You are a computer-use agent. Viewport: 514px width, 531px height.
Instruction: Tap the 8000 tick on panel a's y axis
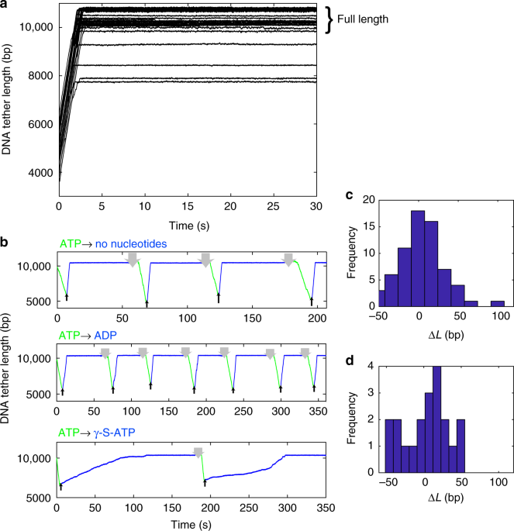(36, 76)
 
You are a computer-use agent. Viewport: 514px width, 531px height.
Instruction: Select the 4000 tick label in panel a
(36, 174)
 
